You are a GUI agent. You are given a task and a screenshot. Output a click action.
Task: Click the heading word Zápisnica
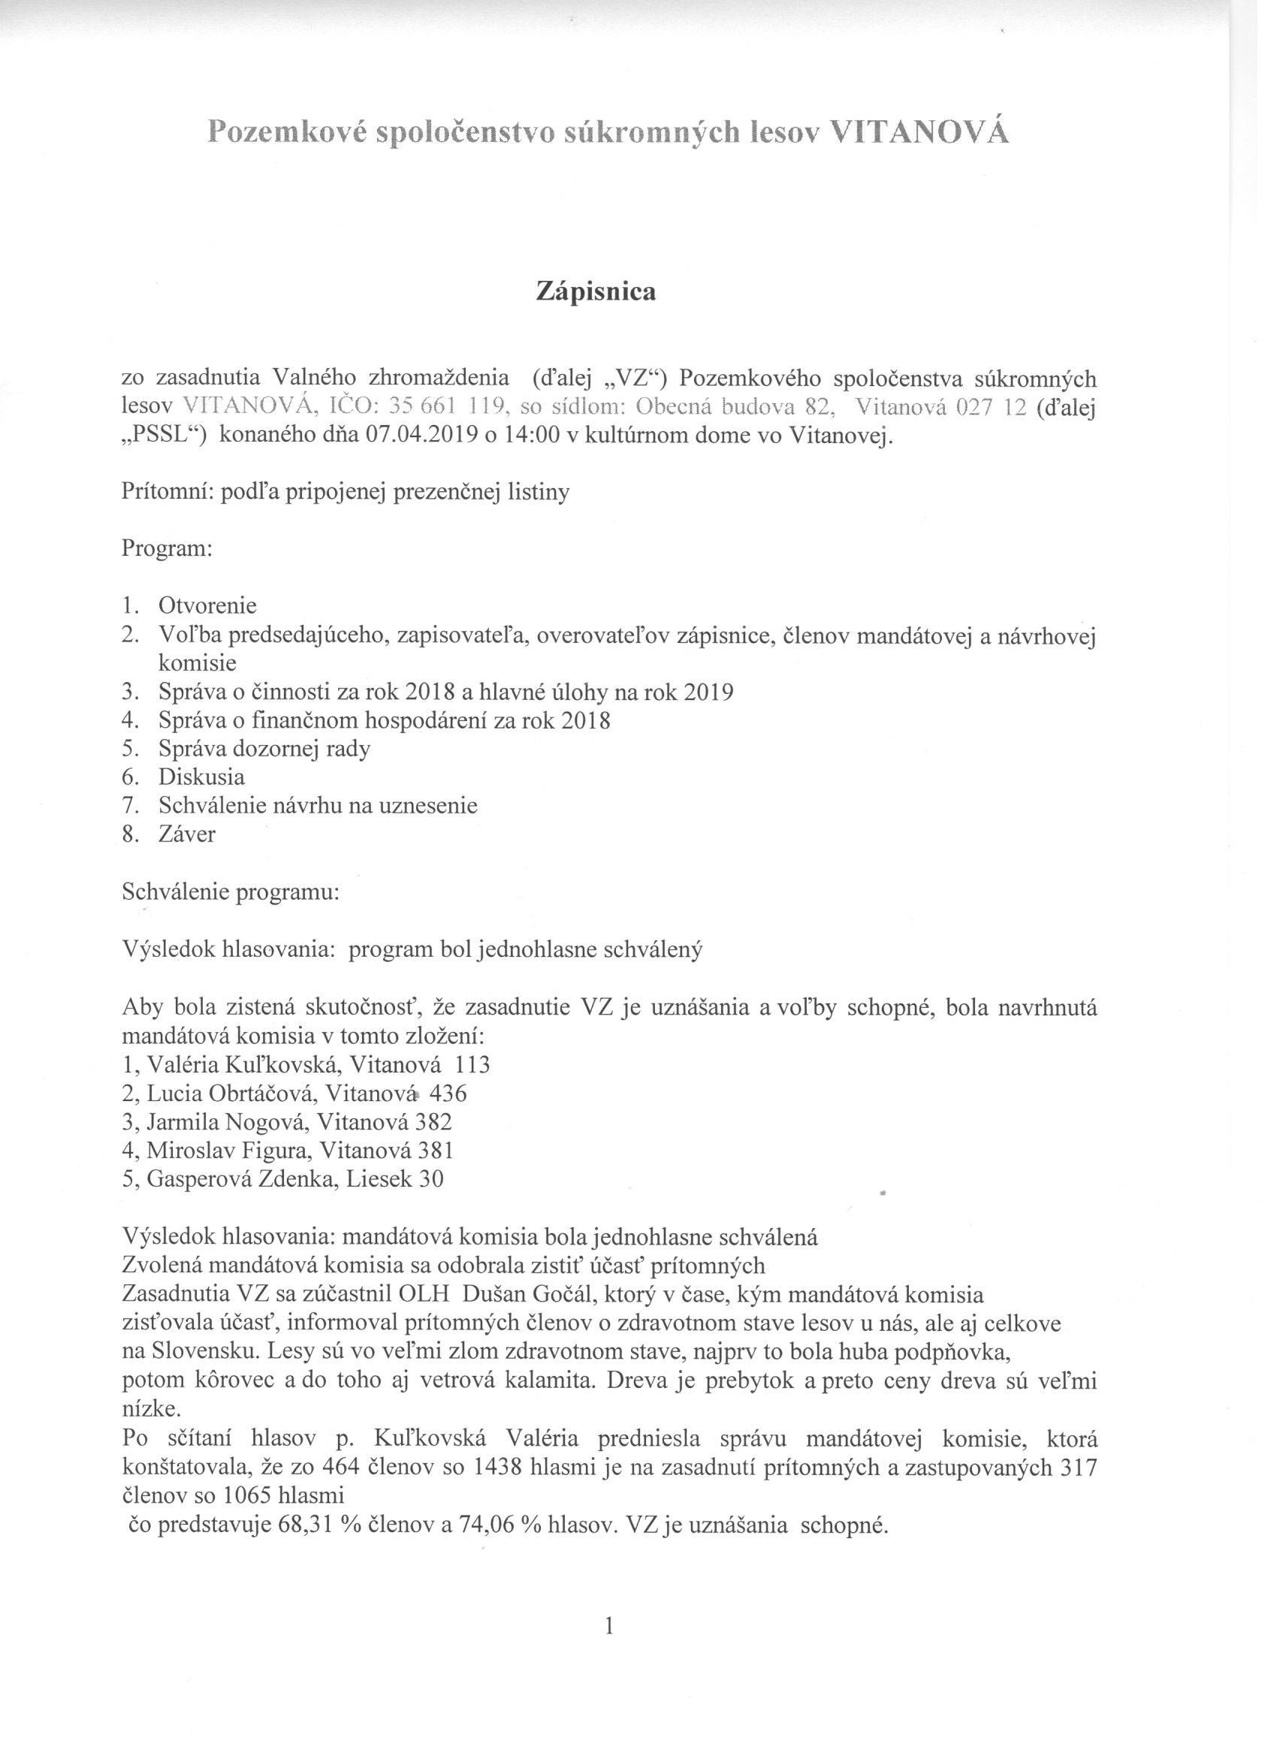tap(596, 292)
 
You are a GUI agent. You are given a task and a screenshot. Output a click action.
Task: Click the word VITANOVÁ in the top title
tap(919, 133)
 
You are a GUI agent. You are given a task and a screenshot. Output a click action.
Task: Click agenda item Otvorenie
tap(207, 605)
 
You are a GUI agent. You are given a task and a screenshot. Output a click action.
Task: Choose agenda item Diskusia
tap(201, 777)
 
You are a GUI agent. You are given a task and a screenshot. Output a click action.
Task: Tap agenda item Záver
tap(187, 834)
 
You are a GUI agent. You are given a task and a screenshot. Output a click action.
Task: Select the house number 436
tap(452, 1094)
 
